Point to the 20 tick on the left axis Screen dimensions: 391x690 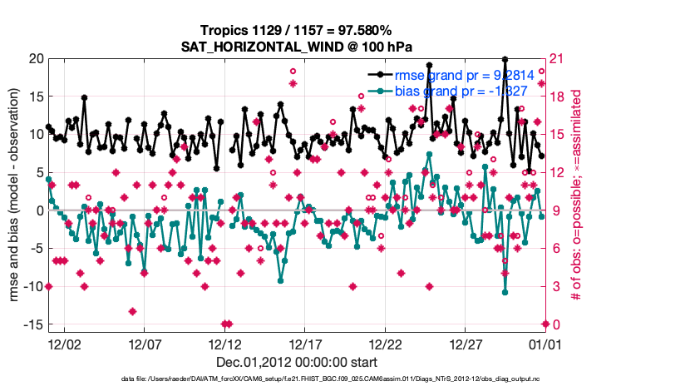click(x=35, y=58)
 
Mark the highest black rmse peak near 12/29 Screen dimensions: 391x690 click(x=505, y=60)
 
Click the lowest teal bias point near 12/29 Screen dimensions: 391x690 click(x=505, y=292)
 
